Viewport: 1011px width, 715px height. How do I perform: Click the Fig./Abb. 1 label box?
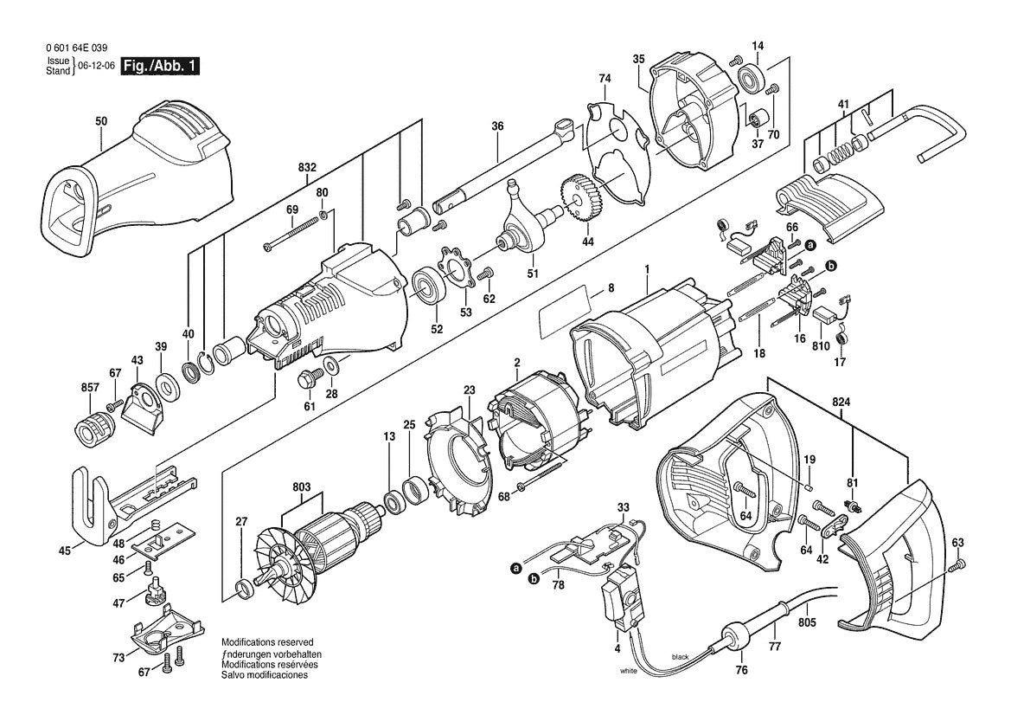click(159, 66)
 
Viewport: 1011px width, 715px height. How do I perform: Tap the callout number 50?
click(101, 124)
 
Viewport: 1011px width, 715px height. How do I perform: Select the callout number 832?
click(307, 167)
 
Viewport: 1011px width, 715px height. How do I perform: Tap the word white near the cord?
click(630, 671)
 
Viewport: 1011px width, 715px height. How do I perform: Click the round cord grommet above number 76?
click(735, 639)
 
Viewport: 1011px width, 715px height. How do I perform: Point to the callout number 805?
click(807, 621)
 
